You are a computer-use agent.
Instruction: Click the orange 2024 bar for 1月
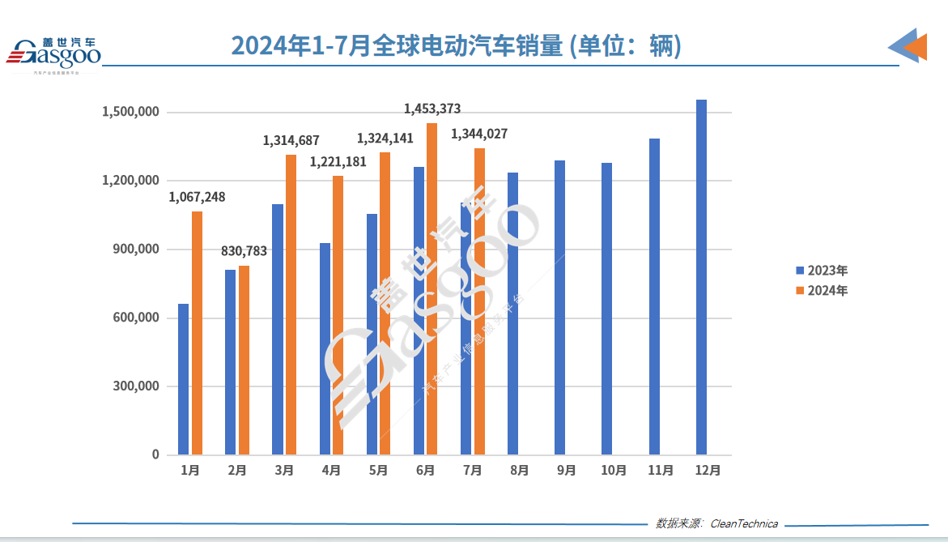(x=197, y=333)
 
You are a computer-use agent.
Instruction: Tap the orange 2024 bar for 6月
(x=432, y=288)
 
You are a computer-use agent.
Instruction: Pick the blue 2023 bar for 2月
(x=231, y=362)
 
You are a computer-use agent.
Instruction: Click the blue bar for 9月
(x=560, y=308)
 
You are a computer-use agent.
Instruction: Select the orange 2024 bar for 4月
(x=338, y=315)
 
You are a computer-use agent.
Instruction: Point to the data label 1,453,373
(x=432, y=109)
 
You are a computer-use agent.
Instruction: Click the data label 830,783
(x=244, y=251)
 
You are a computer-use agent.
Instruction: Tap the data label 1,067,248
(x=197, y=197)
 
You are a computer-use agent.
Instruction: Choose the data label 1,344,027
(x=479, y=134)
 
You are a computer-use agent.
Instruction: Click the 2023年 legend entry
(x=821, y=271)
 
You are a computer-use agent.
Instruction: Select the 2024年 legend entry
(x=821, y=291)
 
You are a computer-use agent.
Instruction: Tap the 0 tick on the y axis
(x=155, y=455)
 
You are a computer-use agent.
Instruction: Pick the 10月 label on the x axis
(x=614, y=470)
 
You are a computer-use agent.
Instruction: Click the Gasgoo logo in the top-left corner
(x=53, y=53)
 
